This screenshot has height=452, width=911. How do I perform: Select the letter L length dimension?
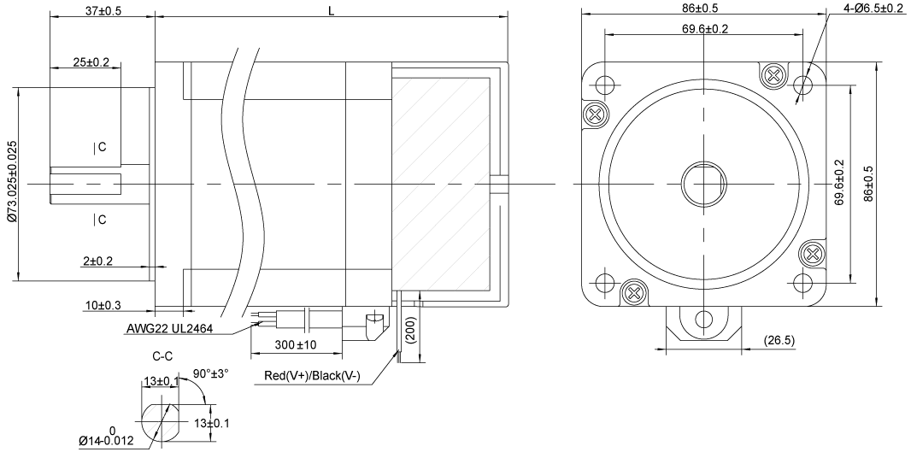pyautogui.click(x=331, y=9)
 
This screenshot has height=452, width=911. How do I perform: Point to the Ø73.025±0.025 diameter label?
pyautogui.click(x=10, y=183)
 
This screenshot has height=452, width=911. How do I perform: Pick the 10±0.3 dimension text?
pyautogui.click(x=102, y=305)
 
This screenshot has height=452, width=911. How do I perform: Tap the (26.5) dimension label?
pyautogui.click(x=778, y=341)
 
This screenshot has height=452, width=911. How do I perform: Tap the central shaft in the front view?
pyautogui.click(x=704, y=183)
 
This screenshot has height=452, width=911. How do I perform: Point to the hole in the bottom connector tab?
pyautogui.click(x=704, y=320)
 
